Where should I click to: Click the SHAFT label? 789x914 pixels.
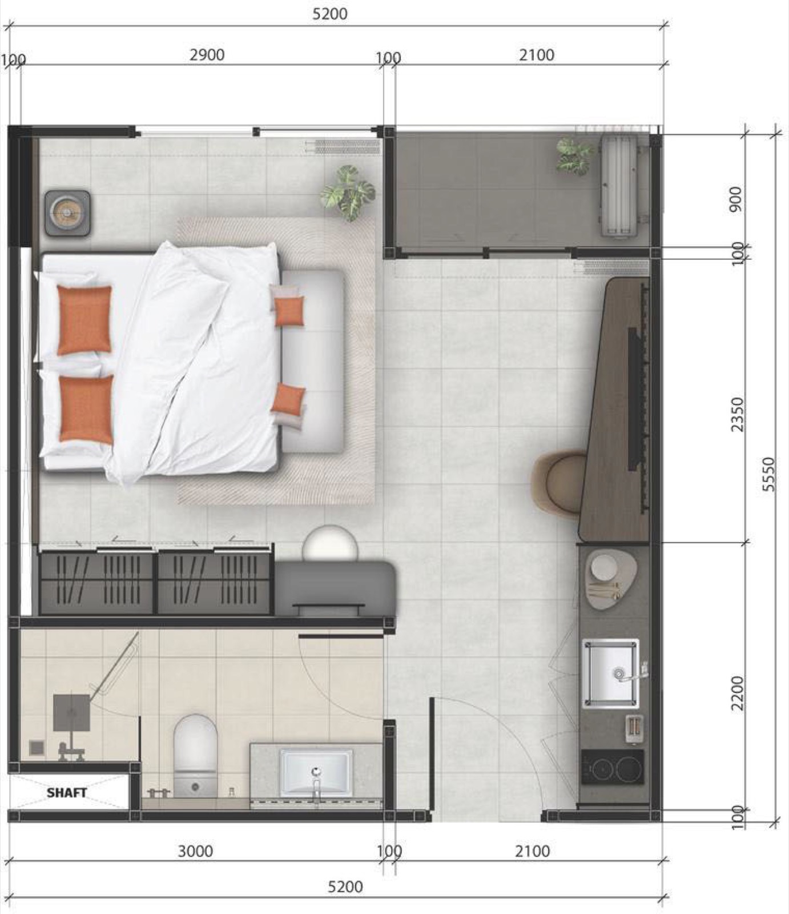click(x=67, y=792)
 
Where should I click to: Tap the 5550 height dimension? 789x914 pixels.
click(x=769, y=474)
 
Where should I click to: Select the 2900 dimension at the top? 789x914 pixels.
click(x=207, y=55)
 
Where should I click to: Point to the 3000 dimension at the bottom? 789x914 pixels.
click(x=195, y=851)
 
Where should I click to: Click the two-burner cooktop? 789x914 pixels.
click(x=613, y=767)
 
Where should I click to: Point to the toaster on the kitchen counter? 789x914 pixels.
click(x=634, y=729)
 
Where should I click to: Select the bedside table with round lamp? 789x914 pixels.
click(x=67, y=213)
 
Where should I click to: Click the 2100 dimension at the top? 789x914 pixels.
click(x=537, y=55)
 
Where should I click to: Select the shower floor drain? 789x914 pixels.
click(x=37, y=747)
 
